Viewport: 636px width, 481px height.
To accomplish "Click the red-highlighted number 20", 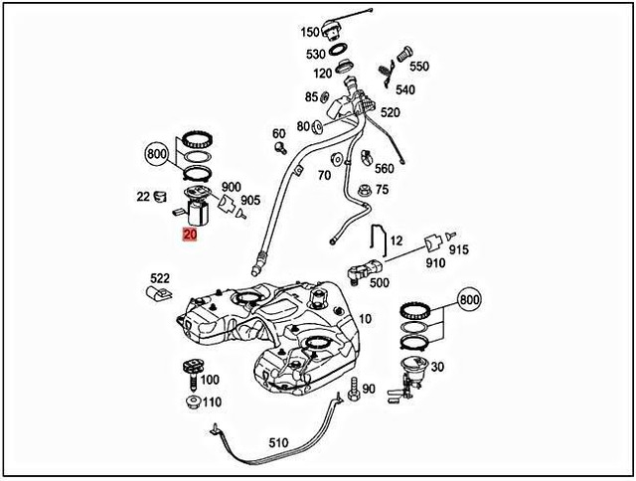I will point(190,236).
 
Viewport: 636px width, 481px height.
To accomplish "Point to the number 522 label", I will point(160,278).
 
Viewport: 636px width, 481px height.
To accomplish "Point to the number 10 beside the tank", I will point(365,319).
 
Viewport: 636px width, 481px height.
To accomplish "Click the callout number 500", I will point(379,282).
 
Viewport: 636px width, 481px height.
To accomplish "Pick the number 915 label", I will point(458,250).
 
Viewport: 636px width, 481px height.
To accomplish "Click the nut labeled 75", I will point(363,190).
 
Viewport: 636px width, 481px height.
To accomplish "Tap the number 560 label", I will point(384,169).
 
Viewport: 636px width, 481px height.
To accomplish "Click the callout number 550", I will point(419,67).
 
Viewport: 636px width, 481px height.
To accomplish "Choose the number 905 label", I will point(249,200).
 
